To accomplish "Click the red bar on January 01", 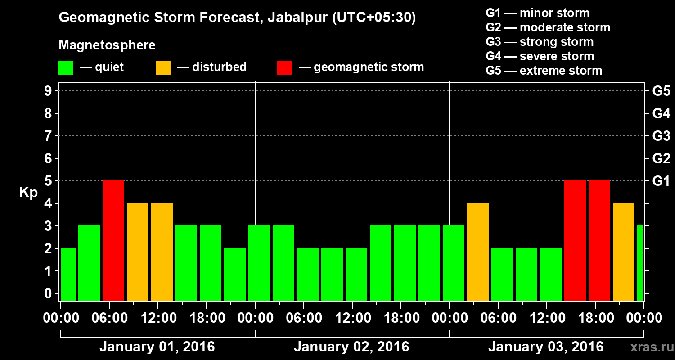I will coord(113,240).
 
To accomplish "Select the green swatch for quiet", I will coord(66,67).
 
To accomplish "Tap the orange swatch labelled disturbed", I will coord(163,67).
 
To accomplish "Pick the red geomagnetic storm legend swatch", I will coord(284,67).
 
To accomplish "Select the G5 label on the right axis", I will coord(661,91).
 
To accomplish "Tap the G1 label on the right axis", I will coord(661,181).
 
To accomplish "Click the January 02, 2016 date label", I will coord(351,347).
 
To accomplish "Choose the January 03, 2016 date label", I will coord(546,347).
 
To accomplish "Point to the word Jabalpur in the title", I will coord(297,18).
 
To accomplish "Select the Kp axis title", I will coord(28,193).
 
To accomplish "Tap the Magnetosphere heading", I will coord(107,45).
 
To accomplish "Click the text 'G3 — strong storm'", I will coord(540,42).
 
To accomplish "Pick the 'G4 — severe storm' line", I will coord(540,56).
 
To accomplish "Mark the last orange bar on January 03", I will coord(624,252).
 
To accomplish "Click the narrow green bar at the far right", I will coord(640,263).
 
